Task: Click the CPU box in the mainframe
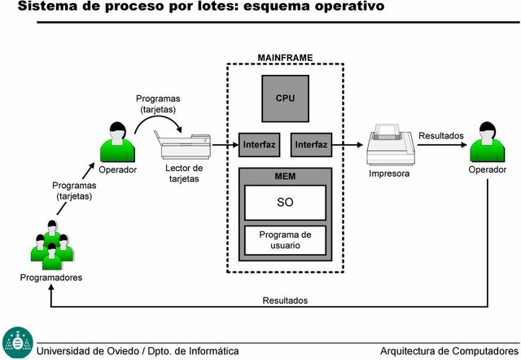[285, 98]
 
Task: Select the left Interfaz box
[259, 145]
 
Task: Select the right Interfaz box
[311, 145]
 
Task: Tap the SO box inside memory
[285, 202]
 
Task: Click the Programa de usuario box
[285, 240]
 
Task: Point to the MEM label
[285, 176]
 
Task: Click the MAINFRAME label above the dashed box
[285, 58]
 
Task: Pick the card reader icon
[185, 147]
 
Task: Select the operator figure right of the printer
[487, 142]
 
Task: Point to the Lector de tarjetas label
[185, 173]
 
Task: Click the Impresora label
[389, 173]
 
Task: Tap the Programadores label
[50, 278]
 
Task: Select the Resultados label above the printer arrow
[440, 135]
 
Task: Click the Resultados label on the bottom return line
[285, 301]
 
